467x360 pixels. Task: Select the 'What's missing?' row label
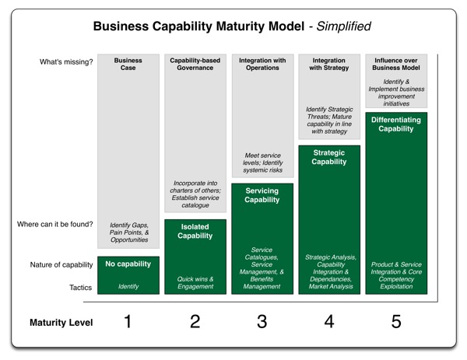click(68, 62)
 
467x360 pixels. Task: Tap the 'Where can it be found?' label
click(54, 225)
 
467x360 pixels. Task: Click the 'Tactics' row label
click(79, 287)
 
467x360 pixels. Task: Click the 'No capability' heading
click(128, 265)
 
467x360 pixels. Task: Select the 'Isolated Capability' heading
click(195, 231)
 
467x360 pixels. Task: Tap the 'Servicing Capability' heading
click(262, 195)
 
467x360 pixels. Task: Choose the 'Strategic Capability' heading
click(329, 157)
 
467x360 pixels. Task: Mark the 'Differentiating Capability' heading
click(397, 124)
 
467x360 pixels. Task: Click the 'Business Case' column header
click(128, 64)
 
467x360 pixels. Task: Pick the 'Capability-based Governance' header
click(195, 64)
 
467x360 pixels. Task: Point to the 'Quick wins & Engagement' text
click(195, 283)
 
